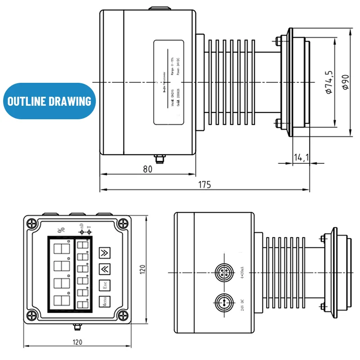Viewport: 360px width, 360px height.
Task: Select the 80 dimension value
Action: (148, 169)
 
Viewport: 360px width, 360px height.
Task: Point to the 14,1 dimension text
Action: (301, 157)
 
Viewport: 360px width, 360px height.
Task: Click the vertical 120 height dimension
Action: (143, 269)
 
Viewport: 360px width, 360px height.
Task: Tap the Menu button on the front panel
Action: (104, 302)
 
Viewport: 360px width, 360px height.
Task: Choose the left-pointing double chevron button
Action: (104, 269)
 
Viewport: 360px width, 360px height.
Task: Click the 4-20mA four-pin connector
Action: (223, 273)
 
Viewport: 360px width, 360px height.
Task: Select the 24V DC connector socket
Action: (223, 301)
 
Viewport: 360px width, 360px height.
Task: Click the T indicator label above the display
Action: (89, 229)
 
